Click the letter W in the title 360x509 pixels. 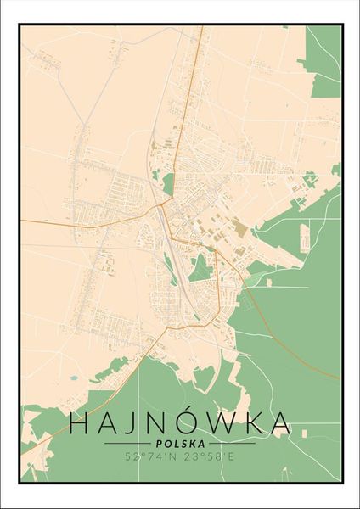(x=233, y=424)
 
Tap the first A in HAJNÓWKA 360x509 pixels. (x=110, y=424)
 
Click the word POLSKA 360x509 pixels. (x=180, y=444)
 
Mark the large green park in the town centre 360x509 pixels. (x=200, y=269)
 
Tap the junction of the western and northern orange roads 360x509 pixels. (x=162, y=205)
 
